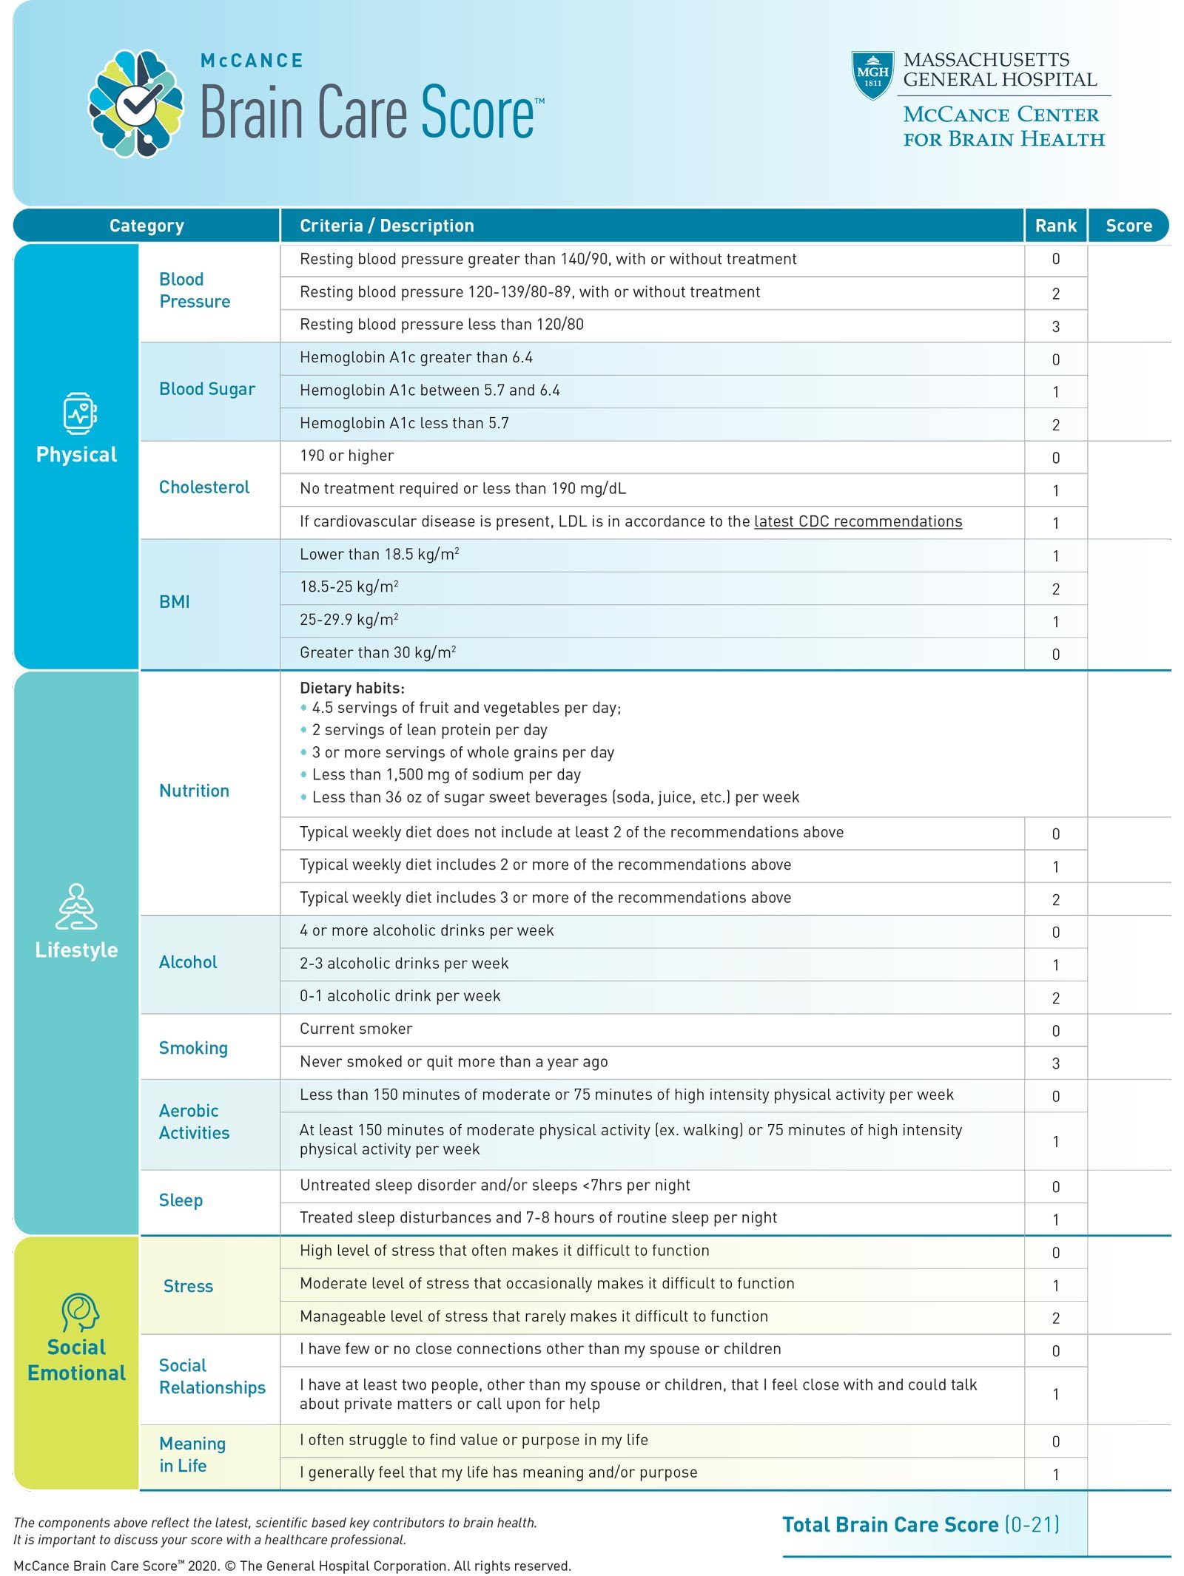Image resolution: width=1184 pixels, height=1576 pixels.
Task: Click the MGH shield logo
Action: click(872, 75)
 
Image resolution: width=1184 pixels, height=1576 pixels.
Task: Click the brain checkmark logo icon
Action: click(136, 103)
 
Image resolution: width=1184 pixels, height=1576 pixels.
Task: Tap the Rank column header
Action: click(1055, 226)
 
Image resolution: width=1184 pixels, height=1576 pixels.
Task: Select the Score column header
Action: click(1128, 226)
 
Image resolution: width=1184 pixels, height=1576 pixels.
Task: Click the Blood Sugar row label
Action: click(206, 389)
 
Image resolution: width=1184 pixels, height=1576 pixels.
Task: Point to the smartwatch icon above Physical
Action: click(79, 413)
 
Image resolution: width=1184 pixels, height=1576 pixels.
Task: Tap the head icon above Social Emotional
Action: click(79, 1311)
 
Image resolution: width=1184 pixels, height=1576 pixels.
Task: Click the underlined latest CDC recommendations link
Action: click(858, 521)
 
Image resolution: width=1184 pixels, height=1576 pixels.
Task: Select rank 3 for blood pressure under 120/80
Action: click(1055, 326)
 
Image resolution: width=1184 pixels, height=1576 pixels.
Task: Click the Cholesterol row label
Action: click(204, 487)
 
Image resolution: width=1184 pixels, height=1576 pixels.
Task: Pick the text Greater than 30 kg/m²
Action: click(377, 652)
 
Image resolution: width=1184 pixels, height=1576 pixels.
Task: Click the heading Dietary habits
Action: click(351, 688)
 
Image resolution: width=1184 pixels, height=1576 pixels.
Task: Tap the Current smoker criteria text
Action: click(356, 1029)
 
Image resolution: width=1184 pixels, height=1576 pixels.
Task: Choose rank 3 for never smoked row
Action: click(1055, 1063)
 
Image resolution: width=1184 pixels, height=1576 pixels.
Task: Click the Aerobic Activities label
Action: click(194, 1121)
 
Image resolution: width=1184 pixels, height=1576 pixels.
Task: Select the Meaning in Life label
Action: click(192, 1454)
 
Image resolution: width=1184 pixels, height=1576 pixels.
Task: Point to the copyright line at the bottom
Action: click(292, 1566)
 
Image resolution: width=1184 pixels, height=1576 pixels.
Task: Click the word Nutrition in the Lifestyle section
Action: click(194, 791)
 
